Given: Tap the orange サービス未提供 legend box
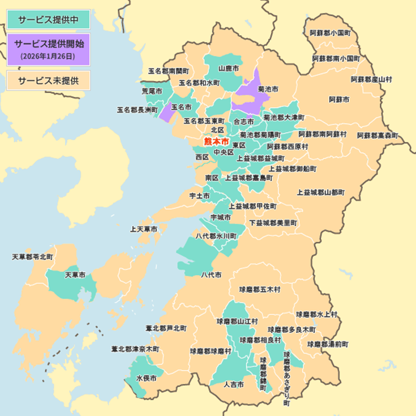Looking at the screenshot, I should point(48,81).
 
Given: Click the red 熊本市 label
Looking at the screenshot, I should point(216,142).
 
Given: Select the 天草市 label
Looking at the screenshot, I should point(75,275).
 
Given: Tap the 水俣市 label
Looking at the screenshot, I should point(146,378).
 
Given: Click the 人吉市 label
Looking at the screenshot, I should point(234,385).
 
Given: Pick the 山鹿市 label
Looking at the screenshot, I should point(229,69).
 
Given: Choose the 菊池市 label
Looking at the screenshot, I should point(268,89).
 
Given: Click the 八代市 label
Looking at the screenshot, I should point(211,275).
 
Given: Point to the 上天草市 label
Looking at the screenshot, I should point(143,229).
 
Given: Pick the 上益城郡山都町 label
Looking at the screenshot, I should point(321,192).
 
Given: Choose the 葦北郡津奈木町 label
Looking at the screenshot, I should point(135,349).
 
